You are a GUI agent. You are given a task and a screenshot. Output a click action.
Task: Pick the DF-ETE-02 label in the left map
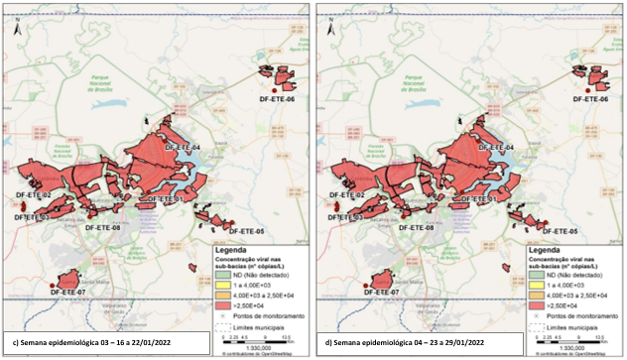[33, 196]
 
